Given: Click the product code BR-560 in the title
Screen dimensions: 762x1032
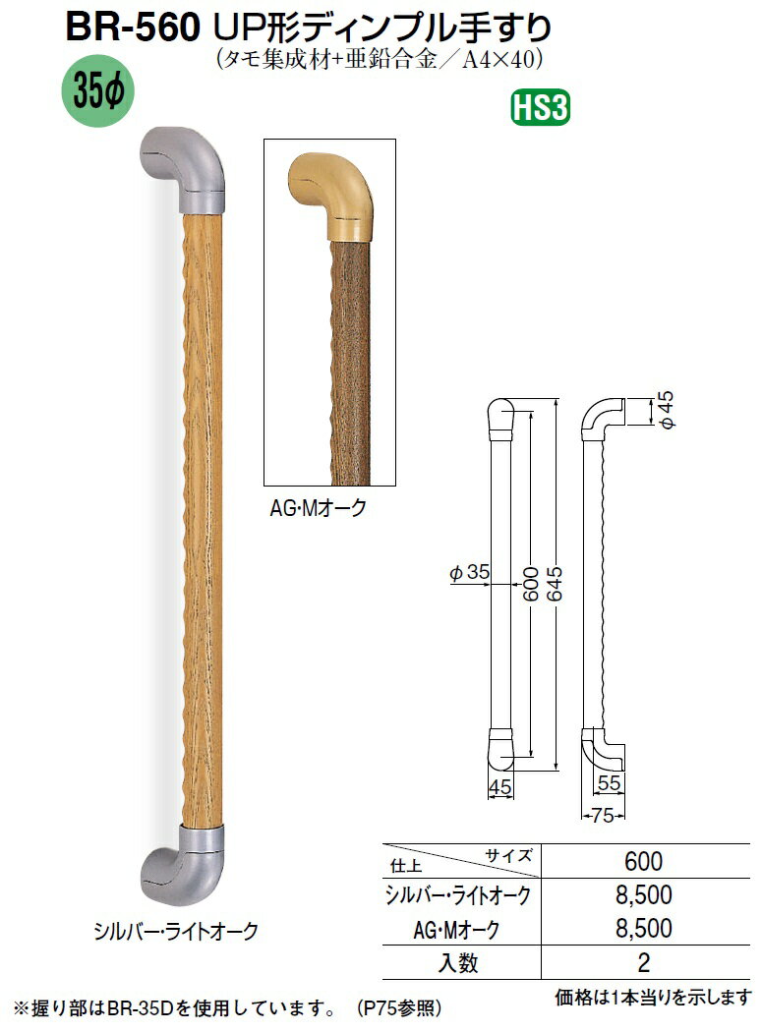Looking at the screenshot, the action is click(x=133, y=28).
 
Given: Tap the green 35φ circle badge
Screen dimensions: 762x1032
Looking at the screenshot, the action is click(x=97, y=91).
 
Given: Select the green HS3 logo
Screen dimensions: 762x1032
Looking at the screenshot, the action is click(x=540, y=108).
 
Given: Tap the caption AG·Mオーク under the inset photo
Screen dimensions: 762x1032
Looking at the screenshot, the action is click(x=318, y=508).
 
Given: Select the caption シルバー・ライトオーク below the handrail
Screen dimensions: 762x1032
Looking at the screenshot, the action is click(x=176, y=932).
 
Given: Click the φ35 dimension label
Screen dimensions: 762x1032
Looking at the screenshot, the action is click(x=470, y=573).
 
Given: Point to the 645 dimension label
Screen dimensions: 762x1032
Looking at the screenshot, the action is click(x=555, y=584).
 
